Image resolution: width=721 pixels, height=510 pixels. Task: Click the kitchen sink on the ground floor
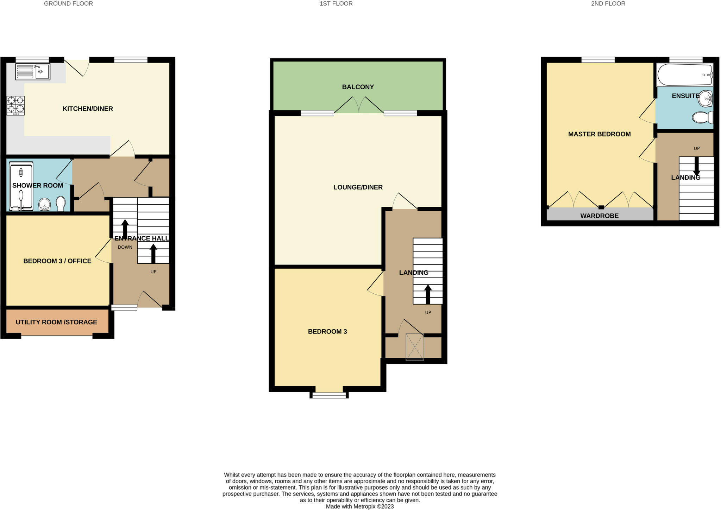point(33,72)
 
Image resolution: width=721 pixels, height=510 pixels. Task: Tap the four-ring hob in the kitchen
point(16,105)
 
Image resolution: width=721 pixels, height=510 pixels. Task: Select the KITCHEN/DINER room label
point(88,109)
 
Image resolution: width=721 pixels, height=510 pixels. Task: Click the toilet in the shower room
point(61,203)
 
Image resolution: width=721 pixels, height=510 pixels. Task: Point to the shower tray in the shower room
point(21,186)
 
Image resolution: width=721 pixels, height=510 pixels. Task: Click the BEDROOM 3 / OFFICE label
point(57,261)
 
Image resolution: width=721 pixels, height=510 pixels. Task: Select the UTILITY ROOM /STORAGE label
point(56,322)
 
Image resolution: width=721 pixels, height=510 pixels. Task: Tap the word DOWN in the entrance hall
point(125,247)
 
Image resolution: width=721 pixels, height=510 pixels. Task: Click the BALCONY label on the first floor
point(358,87)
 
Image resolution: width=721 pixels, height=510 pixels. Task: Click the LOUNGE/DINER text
point(358,187)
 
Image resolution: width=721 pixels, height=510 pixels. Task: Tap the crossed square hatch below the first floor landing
point(415,347)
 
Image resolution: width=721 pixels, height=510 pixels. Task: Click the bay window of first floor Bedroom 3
point(329,395)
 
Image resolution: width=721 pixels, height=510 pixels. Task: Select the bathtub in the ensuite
point(684,75)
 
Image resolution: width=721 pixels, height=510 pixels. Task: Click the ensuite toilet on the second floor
point(702,117)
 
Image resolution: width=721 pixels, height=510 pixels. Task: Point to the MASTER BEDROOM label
point(599,134)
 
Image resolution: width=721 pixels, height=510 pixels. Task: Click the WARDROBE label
point(599,216)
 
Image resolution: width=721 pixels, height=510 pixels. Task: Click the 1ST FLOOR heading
point(336,4)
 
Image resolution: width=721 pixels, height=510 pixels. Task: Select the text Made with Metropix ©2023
point(359,506)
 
